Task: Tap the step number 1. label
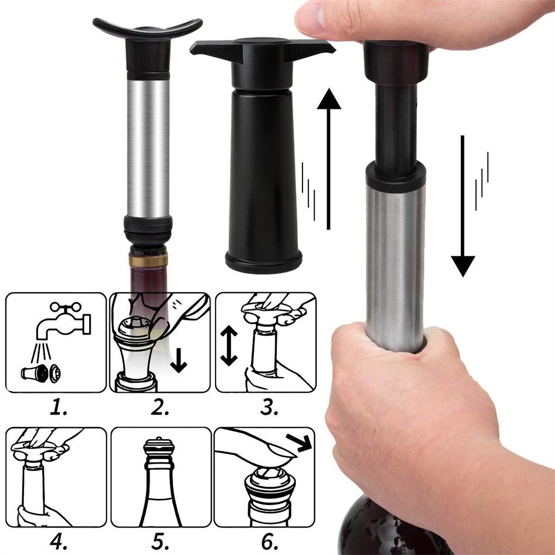(x=58, y=408)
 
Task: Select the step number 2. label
(x=160, y=408)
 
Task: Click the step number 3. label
(x=269, y=408)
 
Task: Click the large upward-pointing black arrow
(x=329, y=159)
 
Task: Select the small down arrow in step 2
(x=179, y=360)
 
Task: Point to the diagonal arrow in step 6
(x=299, y=442)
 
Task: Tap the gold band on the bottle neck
(x=148, y=261)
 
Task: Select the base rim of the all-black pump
(x=264, y=262)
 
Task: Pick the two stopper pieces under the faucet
(x=41, y=373)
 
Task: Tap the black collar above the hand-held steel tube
(x=396, y=176)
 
